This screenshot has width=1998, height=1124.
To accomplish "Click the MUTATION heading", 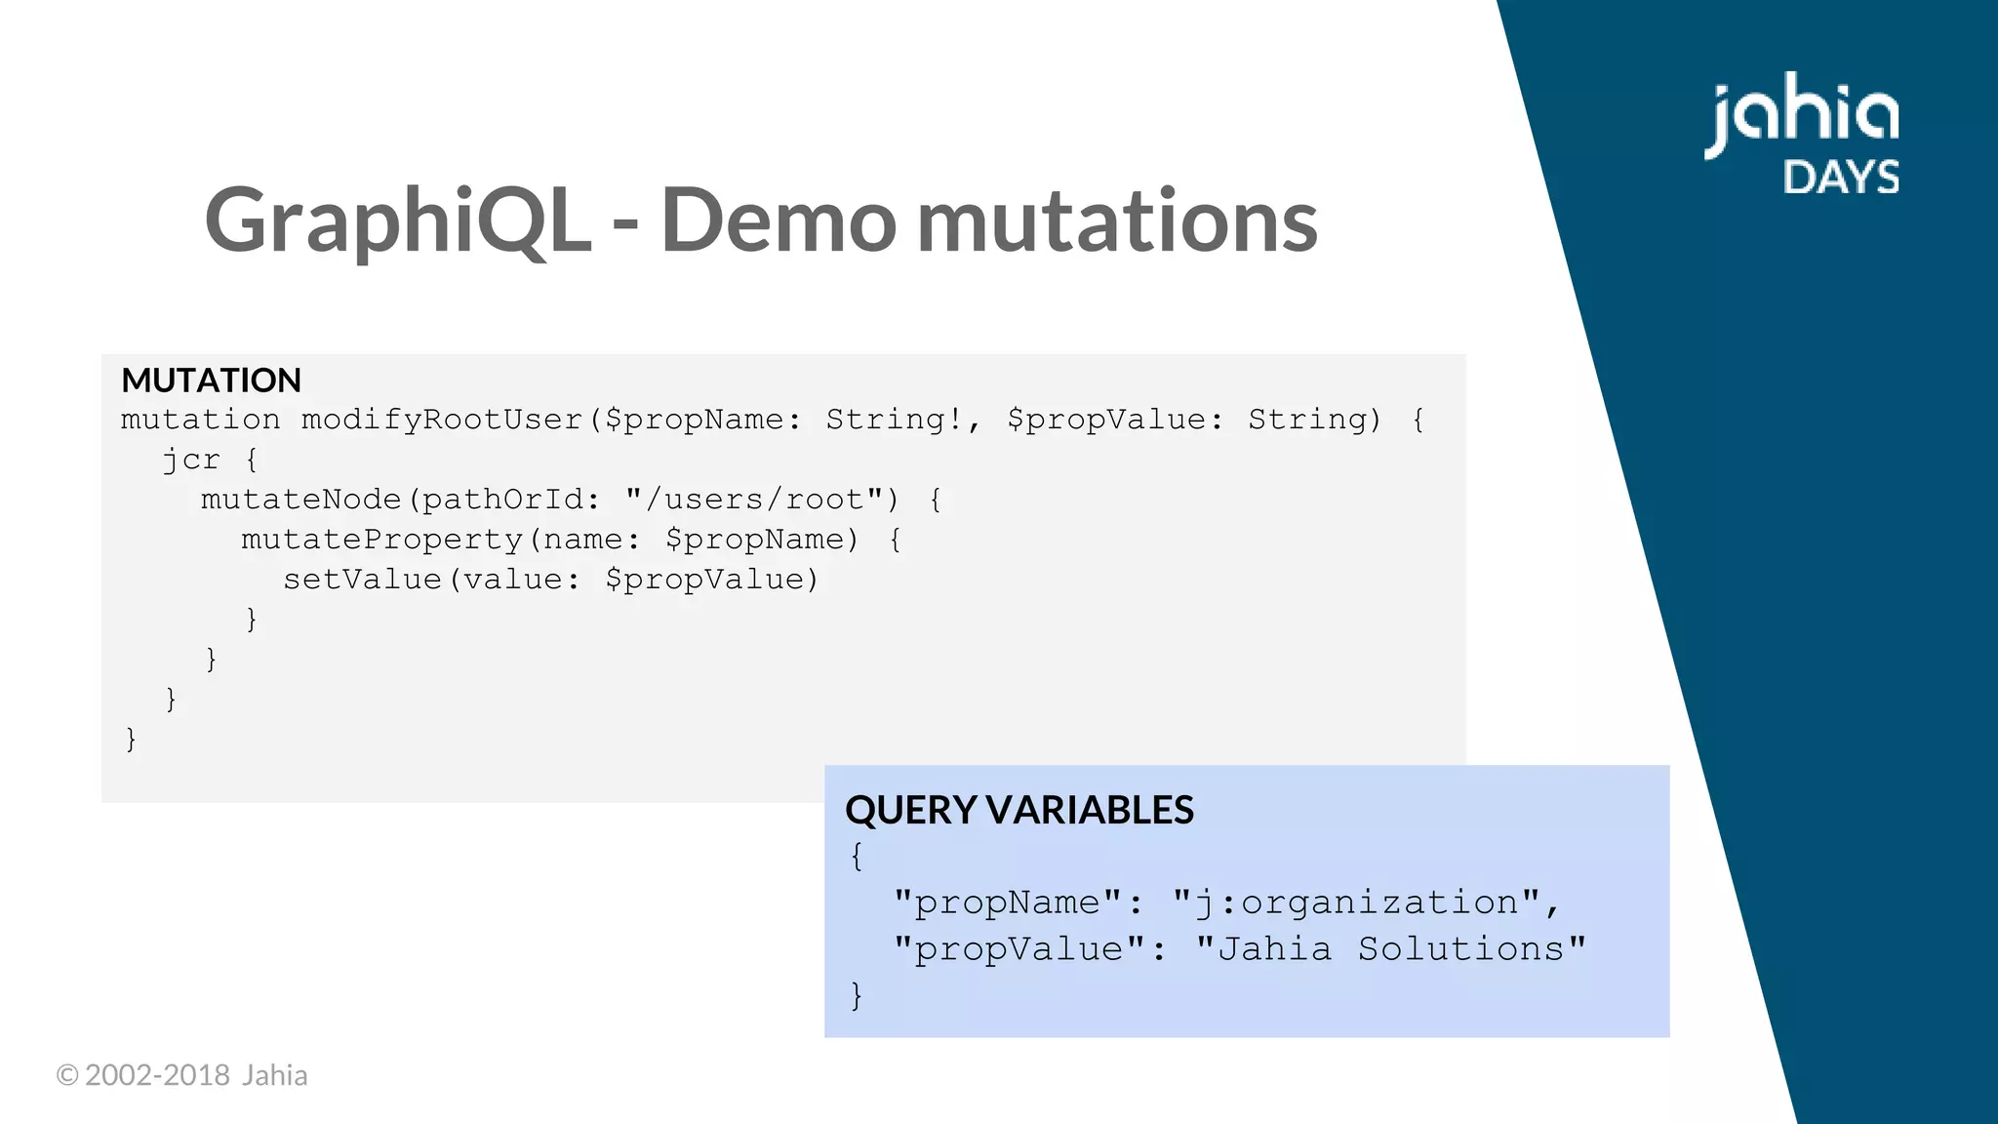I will pyautogui.click(x=211, y=380).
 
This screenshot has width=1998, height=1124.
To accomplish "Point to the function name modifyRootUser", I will pyautogui.click(x=441, y=420).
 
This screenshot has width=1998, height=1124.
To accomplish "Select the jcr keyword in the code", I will pyautogui.click(x=190, y=460).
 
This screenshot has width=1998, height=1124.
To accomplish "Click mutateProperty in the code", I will pyautogui.click(x=381, y=540).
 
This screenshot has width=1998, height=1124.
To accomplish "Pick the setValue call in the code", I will pyautogui.click(x=362, y=580).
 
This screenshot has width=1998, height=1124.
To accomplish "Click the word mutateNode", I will pyautogui.click(x=300, y=500).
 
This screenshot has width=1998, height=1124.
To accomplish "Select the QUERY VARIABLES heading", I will pyautogui.click(x=1019, y=810).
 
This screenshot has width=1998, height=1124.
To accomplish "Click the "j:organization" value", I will pyautogui.click(x=1356, y=903).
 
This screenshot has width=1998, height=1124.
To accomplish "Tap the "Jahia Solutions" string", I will pyautogui.click(x=1390, y=948).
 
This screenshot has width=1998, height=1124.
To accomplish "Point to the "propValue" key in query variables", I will pyautogui.click(x=1019, y=948).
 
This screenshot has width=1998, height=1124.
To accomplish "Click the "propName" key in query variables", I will pyautogui.click(x=1007, y=903).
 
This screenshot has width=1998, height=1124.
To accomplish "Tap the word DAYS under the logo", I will pyautogui.click(x=1841, y=178).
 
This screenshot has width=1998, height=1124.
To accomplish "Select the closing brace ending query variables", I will pyautogui.click(x=857, y=995).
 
